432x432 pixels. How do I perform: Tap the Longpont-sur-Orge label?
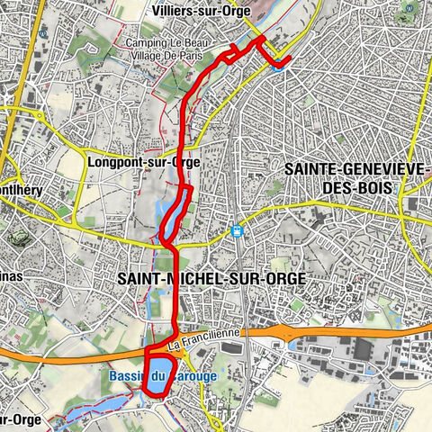pyautogui.click(x=144, y=163)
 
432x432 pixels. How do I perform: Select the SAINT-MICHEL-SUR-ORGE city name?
pyautogui.click(x=211, y=279)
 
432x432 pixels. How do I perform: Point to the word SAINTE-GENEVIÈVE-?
pyautogui.click(x=356, y=168)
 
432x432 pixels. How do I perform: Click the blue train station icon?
pyautogui.click(x=237, y=231)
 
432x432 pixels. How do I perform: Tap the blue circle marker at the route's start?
pyautogui.click(x=278, y=63)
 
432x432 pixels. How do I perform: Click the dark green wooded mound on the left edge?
pyautogui.click(x=18, y=236)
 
